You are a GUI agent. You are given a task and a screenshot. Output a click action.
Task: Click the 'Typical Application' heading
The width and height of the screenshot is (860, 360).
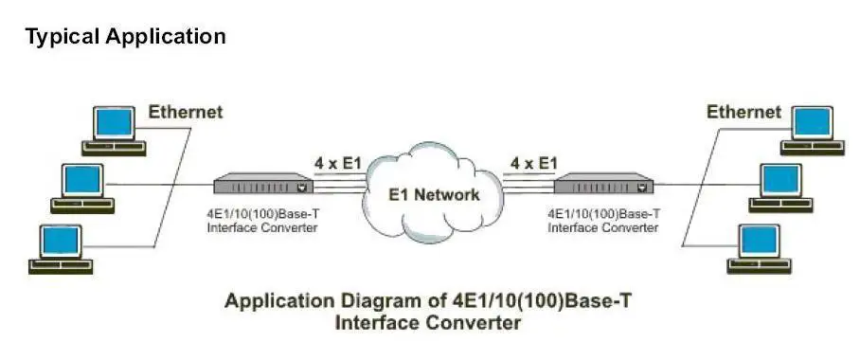pyautogui.click(x=125, y=37)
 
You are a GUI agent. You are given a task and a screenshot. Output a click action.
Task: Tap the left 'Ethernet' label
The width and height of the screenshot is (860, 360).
pyautogui.click(x=186, y=113)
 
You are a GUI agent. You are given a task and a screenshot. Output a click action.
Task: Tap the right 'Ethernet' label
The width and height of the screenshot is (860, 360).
pyautogui.click(x=744, y=113)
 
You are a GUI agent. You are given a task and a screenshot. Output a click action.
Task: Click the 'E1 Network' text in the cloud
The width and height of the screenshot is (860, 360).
pyautogui.click(x=435, y=194)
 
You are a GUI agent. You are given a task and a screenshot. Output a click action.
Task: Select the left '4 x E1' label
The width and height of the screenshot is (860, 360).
pyautogui.click(x=338, y=163)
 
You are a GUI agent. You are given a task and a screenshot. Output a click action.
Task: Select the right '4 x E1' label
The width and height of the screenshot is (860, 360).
pyautogui.click(x=534, y=163)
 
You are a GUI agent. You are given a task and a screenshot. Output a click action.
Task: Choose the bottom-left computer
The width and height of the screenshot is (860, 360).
pyautogui.click(x=59, y=247)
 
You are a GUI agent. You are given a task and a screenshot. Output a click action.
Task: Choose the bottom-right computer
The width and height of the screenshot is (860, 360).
pyautogui.click(x=759, y=247)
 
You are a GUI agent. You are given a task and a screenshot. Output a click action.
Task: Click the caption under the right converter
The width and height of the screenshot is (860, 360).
pyautogui.click(x=602, y=223)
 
